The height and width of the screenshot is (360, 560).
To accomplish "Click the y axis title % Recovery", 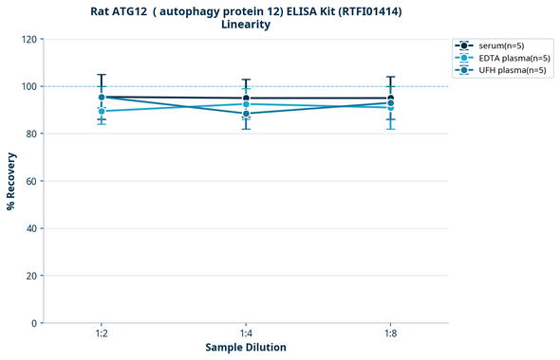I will pos(11,181).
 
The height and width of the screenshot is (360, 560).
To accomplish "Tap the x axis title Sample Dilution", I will pos(246,348).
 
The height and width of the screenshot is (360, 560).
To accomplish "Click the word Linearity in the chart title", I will pos(245,25).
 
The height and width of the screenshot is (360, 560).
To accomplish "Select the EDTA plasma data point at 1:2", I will pos(102,111).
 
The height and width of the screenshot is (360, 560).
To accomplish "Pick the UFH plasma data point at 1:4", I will pos(246,114).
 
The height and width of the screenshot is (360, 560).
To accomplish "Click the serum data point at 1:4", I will pos(246,99).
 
